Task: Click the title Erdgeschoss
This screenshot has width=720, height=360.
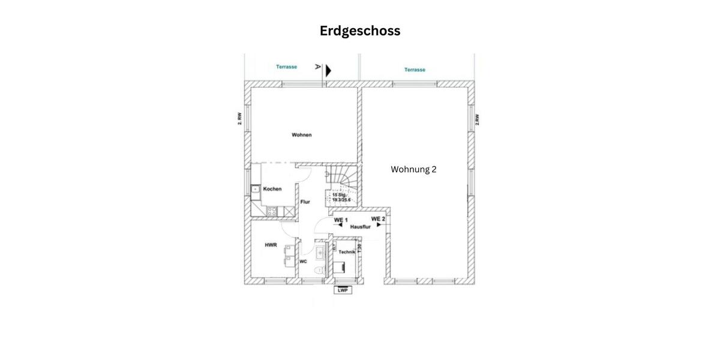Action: coord(360,31)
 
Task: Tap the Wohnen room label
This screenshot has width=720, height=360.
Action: coord(302,135)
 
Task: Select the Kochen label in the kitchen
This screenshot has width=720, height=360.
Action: coord(272,189)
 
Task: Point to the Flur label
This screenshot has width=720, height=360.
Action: coord(305,202)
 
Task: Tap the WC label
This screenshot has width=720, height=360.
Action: coord(304,262)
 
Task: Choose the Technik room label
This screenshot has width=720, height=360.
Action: coord(347,252)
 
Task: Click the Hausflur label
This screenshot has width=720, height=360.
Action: coord(359,227)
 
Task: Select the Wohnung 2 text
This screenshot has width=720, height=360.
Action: coord(413,169)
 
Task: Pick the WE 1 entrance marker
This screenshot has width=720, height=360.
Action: coord(340,221)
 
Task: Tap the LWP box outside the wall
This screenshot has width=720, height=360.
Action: coord(343,290)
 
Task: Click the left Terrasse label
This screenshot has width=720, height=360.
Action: coord(286,67)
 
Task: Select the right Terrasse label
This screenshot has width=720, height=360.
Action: coord(415,70)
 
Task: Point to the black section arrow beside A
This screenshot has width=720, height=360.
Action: coord(328,71)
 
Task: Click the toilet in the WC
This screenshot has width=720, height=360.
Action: coord(320,270)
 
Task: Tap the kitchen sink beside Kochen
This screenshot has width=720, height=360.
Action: coord(256,190)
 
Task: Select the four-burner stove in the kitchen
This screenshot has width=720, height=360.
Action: coord(271,211)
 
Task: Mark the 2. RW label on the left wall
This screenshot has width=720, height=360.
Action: coord(239,119)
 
